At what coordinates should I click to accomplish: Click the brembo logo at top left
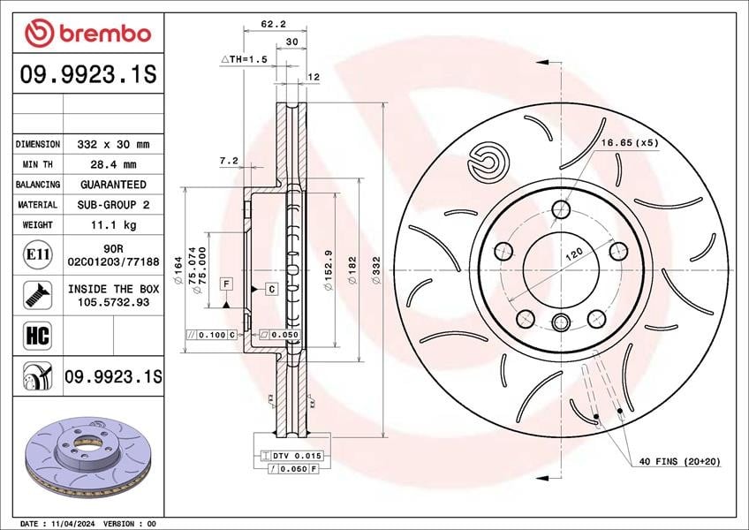click(88, 33)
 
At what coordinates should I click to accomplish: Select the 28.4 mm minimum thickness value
click(113, 164)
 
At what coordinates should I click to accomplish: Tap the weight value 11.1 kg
click(113, 224)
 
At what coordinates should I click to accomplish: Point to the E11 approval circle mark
click(38, 254)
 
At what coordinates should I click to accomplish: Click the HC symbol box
click(38, 335)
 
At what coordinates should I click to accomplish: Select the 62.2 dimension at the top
click(273, 24)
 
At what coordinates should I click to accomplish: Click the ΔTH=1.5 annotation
click(244, 59)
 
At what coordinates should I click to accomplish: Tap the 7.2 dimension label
click(229, 161)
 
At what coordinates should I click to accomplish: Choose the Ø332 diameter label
click(376, 270)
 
